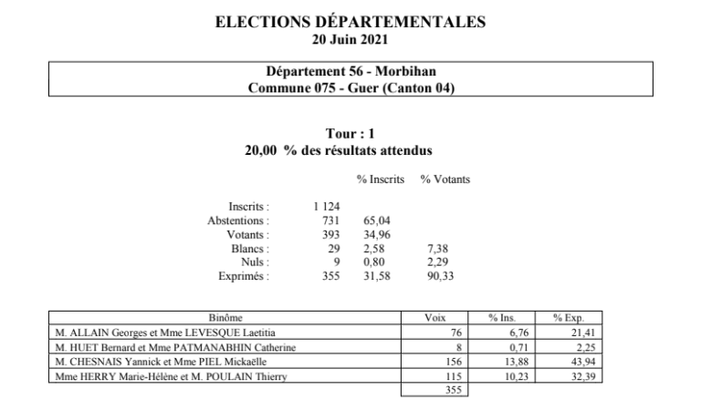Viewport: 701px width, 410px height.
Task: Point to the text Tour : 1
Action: pyautogui.click(x=350, y=135)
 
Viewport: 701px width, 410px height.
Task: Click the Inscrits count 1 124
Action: pyautogui.click(x=326, y=207)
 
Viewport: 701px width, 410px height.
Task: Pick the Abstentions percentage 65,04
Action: pyautogui.click(x=376, y=220)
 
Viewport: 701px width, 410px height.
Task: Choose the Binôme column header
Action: pyautogui.click(x=225, y=318)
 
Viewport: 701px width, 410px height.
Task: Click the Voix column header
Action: pyautogui.click(x=435, y=318)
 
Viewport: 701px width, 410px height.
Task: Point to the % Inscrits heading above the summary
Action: pyautogui.click(x=381, y=179)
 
